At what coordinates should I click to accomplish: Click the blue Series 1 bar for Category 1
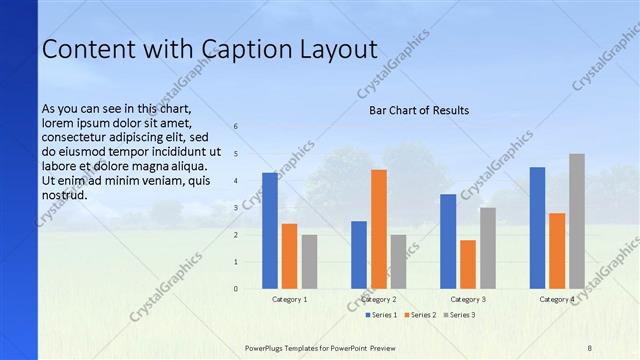pos(270,231)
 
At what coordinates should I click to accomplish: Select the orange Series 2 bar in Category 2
pos(379,229)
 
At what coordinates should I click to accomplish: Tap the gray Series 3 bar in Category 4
pos(577,221)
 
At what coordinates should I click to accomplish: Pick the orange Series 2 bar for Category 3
pos(468,264)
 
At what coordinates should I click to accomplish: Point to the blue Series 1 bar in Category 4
pos(538,228)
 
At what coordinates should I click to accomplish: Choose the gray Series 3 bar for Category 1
pos(309,262)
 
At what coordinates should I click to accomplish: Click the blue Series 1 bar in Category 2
pos(359,255)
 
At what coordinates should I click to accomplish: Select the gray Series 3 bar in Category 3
pos(488,248)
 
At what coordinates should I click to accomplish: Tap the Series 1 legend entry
pos(381,315)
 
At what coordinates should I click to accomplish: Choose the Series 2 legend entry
pos(420,315)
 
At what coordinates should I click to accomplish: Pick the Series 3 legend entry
pos(459,315)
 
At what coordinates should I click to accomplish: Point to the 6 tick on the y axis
pos(236,127)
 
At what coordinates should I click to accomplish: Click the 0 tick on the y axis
pos(236,289)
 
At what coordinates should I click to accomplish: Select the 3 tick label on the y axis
pos(236,208)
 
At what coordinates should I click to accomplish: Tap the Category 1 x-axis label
pos(290,299)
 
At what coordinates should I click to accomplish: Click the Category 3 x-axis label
pos(468,299)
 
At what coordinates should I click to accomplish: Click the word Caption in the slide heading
pos(246,50)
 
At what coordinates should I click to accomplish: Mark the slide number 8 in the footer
pos(590,347)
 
